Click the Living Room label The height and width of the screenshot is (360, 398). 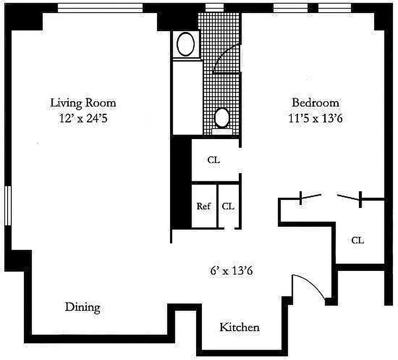tap(83, 103)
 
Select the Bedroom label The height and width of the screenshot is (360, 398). tap(315, 103)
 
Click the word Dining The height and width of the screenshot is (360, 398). tap(82, 308)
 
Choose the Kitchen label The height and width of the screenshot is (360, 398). tap(239, 327)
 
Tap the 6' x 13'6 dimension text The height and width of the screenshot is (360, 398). tap(230, 271)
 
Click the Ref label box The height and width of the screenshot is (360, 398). tap(204, 207)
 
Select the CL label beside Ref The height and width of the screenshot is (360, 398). tap(228, 207)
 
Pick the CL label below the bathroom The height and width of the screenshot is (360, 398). tap(214, 160)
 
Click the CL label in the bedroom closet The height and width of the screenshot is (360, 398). tap(358, 240)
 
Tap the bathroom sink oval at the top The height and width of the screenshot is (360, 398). tap(185, 44)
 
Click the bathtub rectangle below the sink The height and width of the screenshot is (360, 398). tap(186, 97)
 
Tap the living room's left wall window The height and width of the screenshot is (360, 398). tap(8, 205)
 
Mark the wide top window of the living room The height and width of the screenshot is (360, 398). tap(100, 8)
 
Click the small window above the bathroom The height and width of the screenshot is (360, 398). tap(215, 8)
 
